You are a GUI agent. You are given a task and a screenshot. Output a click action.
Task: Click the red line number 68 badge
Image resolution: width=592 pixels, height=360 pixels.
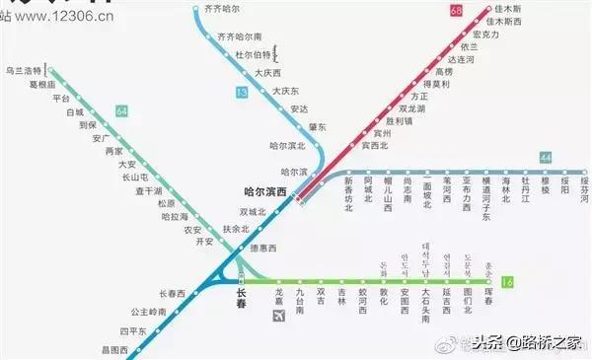coord(456,11)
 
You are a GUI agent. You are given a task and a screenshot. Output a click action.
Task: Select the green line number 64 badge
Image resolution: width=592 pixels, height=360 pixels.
coord(122,111)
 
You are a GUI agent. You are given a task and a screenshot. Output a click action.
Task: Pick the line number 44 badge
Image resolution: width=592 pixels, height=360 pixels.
coord(546,157)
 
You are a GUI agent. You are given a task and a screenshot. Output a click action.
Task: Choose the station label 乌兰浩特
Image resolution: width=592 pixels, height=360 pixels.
coord(24,71)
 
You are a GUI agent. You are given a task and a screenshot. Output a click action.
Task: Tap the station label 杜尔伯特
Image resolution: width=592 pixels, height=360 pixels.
coord(255,54)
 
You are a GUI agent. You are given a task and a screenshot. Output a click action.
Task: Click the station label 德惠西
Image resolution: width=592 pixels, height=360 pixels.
coord(263,248)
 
